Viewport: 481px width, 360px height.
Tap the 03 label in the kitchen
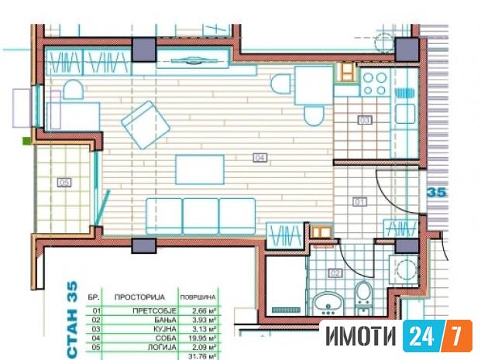(x=365, y=120)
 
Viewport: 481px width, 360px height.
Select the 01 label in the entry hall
(x=359, y=203)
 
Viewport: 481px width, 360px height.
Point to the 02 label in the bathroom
(x=335, y=273)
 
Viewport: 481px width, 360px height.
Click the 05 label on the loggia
(x=64, y=183)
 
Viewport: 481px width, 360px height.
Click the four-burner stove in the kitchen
(x=373, y=81)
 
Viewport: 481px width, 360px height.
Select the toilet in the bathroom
(x=362, y=297)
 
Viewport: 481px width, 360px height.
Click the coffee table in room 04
(x=200, y=169)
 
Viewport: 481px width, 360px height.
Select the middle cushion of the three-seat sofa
(x=201, y=214)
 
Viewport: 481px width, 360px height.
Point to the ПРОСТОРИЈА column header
(x=137, y=297)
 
